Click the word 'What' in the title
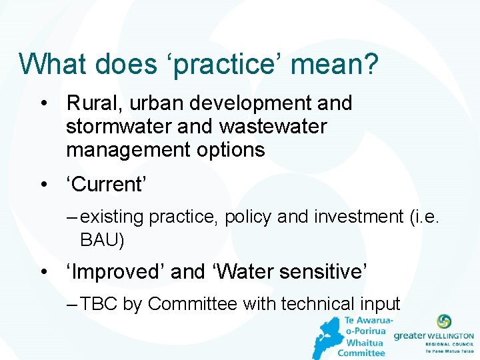coord(53,64)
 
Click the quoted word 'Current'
coord(105,185)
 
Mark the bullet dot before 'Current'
coord(43,185)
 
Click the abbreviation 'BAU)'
coord(102,238)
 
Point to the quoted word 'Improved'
coord(115,272)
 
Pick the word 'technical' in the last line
coord(312,304)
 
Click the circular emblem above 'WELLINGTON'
coord(443,322)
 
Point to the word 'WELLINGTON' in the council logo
coord(451,337)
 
